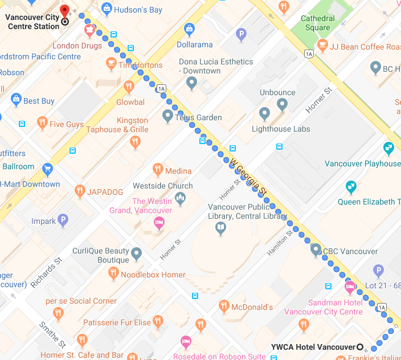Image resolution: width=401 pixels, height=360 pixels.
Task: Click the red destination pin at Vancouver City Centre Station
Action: pyautogui.click(x=64, y=12)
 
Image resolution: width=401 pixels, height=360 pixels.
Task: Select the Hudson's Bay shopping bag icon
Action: pyautogui.click(x=106, y=9)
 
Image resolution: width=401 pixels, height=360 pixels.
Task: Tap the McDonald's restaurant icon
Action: pyautogui.click(x=224, y=306)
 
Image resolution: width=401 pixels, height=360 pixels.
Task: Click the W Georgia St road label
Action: pyautogui.click(x=249, y=177)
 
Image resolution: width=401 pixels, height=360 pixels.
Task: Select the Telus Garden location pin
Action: pyautogui.click(x=167, y=116)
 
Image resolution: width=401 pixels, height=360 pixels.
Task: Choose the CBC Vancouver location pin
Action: pyautogui.click(x=316, y=249)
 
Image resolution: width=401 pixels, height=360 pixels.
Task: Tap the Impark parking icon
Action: pyautogui.click(x=63, y=220)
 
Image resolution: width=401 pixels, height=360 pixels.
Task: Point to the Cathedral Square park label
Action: pyautogui.click(x=317, y=23)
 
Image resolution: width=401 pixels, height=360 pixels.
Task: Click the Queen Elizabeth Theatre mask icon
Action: pyautogui.click(x=351, y=186)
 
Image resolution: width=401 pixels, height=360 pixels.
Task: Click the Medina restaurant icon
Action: pyautogui.click(x=158, y=169)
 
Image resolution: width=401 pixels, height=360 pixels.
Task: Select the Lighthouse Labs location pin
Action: pyautogui.click(x=264, y=113)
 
